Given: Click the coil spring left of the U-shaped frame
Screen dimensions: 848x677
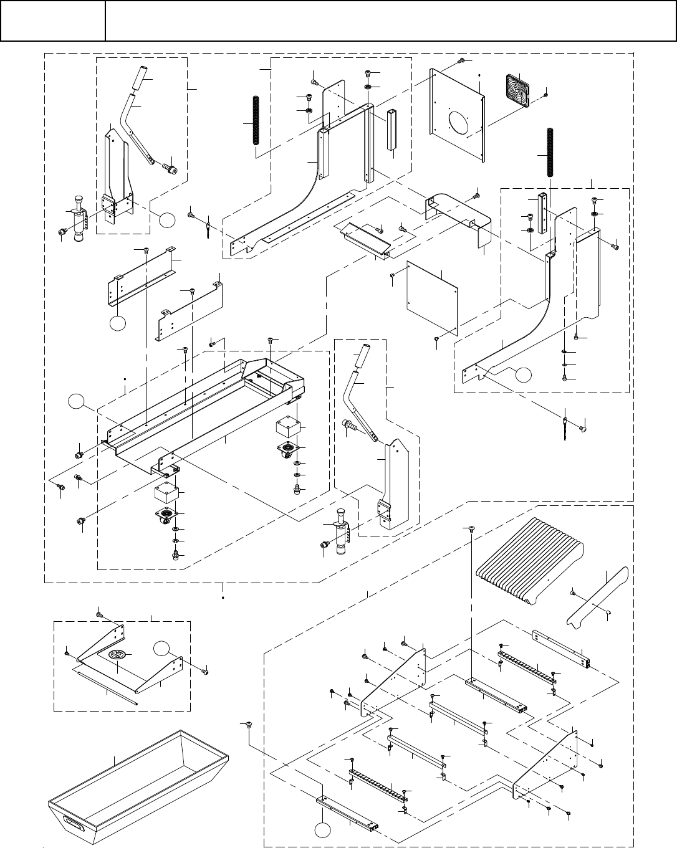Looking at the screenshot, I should click(254, 121).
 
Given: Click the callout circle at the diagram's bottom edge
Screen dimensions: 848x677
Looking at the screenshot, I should click(322, 831).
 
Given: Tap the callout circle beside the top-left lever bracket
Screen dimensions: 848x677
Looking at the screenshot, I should click(166, 219).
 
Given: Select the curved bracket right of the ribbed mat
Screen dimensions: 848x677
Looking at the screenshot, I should click(595, 596).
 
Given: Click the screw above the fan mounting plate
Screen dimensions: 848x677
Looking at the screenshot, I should click(461, 60).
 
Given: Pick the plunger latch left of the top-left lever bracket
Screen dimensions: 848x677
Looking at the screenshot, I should click(79, 219).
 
